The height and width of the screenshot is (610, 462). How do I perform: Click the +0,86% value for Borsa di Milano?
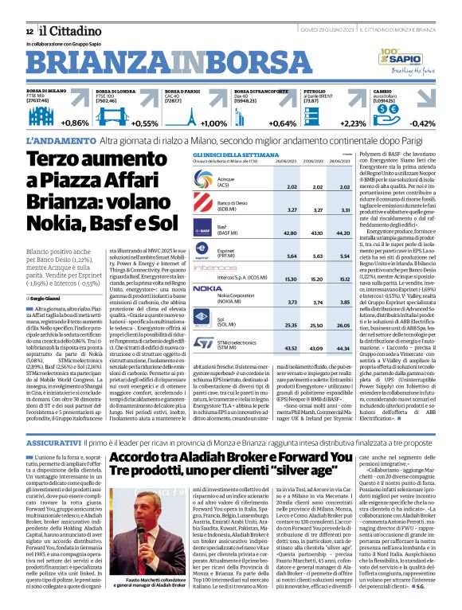point(75,123)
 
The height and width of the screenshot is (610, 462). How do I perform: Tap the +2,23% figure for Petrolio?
point(353,123)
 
